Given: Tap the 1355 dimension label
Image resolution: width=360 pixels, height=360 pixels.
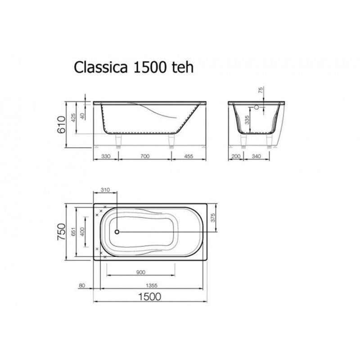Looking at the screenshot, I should point(150,285).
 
